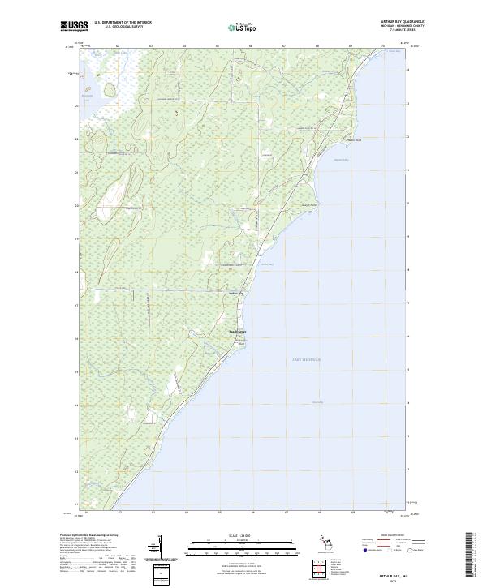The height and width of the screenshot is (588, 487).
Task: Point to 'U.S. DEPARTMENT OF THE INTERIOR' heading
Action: coord(123,22)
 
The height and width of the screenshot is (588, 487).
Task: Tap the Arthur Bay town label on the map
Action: coord(236,293)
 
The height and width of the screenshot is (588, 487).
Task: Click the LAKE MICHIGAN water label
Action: coord(306,359)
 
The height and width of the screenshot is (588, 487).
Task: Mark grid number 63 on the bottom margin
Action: coord(153,513)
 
